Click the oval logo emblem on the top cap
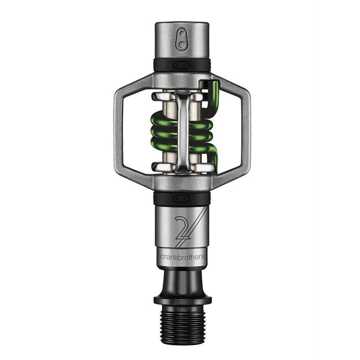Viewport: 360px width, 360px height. point(182,39)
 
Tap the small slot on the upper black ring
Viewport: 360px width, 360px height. point(181,65)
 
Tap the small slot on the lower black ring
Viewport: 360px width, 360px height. point(181,199)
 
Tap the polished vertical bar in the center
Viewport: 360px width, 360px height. point(181,132)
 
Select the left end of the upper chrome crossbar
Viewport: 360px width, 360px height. point(157,97)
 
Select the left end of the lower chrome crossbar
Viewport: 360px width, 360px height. point(157,167)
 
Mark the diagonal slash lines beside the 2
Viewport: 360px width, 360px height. point(197,230)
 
